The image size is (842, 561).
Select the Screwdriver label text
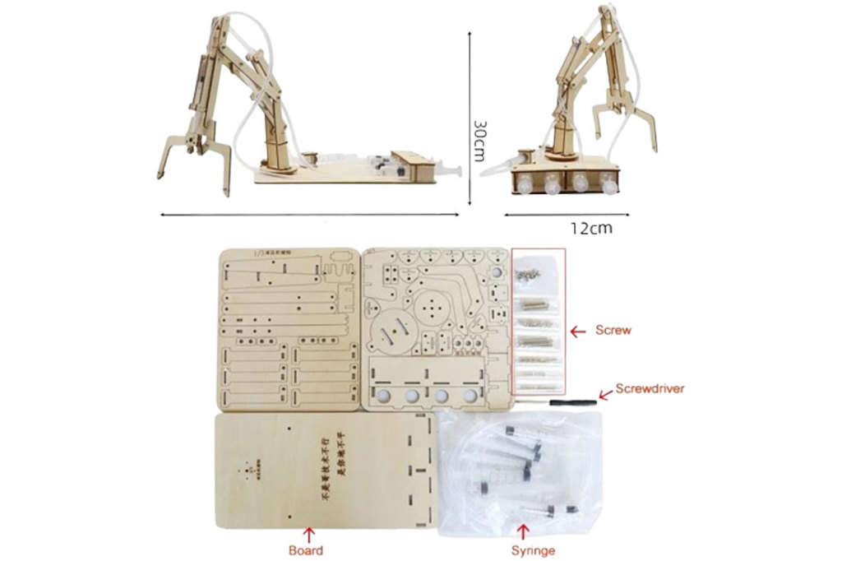tap(650, 388)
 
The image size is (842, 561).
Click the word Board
tap(305, 550)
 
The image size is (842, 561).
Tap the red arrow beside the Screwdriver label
tap(605, 394)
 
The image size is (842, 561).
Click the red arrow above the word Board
tap(309, 533)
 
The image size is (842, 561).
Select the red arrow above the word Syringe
tap(524, 533)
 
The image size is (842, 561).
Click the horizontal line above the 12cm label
tap(566, 216)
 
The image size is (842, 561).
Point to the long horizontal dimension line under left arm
tap(308, 216)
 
